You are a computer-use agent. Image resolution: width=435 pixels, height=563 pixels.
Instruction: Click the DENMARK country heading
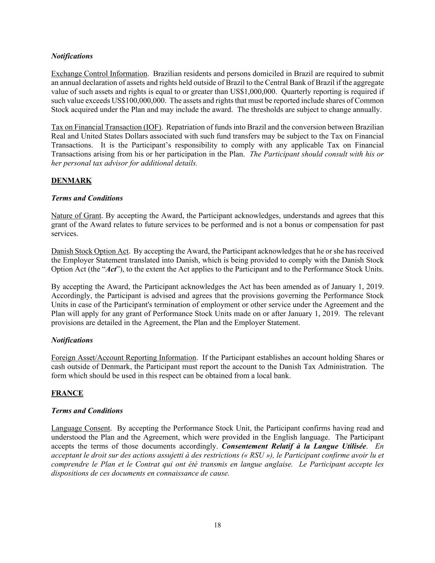point(71,181)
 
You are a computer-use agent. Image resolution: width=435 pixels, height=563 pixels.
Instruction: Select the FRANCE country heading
point(67,393)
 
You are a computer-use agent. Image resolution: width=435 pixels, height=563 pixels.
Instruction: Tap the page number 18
point(218,525)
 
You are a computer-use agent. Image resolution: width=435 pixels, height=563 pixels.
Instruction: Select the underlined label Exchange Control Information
point(99,74)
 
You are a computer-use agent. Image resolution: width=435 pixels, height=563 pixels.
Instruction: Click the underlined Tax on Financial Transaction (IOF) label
point(106,127)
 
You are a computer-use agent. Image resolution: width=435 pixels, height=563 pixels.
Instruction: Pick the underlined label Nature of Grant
point(76,216)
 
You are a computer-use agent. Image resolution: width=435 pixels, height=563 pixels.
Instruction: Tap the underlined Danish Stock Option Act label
point(90,251)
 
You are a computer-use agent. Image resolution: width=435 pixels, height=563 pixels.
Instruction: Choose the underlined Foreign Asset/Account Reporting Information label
point(124,358)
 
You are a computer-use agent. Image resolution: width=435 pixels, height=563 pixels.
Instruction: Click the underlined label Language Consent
point(81,428)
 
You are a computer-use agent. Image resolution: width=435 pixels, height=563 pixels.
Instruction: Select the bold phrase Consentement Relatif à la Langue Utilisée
point(294,446)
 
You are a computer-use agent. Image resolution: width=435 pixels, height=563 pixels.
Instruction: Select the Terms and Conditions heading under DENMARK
point(87,198)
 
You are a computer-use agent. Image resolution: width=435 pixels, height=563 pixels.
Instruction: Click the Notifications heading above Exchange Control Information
point(72,56)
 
